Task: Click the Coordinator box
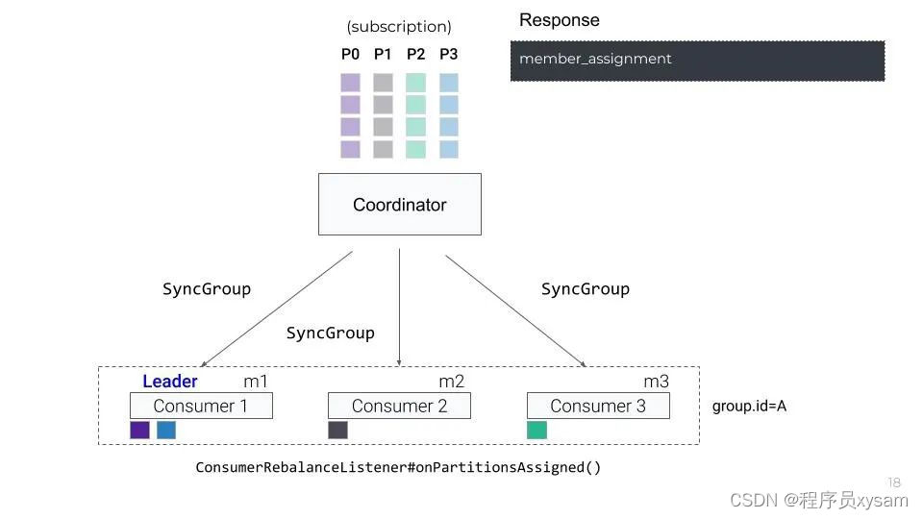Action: coord(399,205)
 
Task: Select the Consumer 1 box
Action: coord(201,406)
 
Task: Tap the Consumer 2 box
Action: coord(399,406)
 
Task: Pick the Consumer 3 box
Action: coord(598,406)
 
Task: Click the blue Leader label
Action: coord(170,382)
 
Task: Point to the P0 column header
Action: coord(350,55)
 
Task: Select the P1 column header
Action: coord(383,55)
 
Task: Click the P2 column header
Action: coord(415,55)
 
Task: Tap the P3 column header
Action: coord(448,55)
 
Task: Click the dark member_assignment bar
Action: coord(696,60)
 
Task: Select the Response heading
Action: coord(559,20)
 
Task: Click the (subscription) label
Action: coord(399,27)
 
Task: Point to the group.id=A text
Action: coord(749,407)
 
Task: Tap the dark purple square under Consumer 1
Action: coord(139,430)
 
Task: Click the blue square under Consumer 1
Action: coord(166,430)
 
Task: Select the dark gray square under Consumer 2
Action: coord(337,430)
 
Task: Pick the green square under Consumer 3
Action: coord(536,430)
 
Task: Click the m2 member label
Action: coord(451,382)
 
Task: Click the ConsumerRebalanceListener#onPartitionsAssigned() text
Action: coord(398,468)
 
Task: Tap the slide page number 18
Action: coord(894,482)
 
